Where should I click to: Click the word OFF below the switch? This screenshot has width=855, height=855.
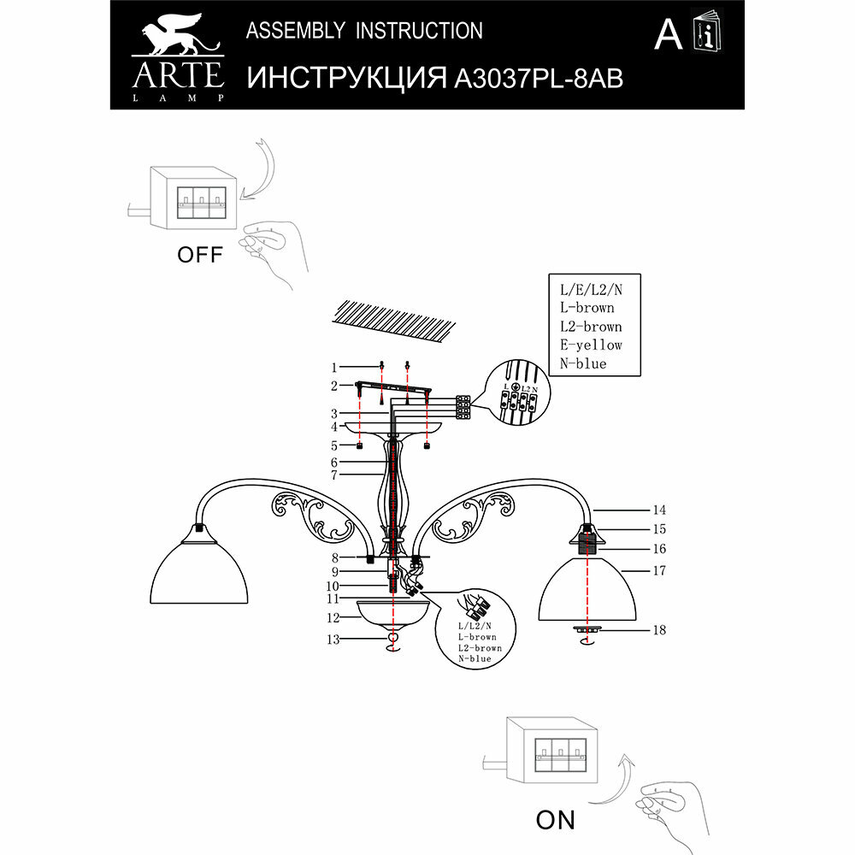tap(199, 255)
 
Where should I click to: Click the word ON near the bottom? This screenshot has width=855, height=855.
tap(555, 821)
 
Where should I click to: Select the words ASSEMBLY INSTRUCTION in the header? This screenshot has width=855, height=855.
tap(364, 32)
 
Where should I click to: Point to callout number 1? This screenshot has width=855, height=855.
tap(336, 367)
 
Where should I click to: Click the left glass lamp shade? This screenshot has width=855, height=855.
tap(202, 573)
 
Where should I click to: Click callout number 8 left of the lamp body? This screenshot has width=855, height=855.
tap(336, 557)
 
